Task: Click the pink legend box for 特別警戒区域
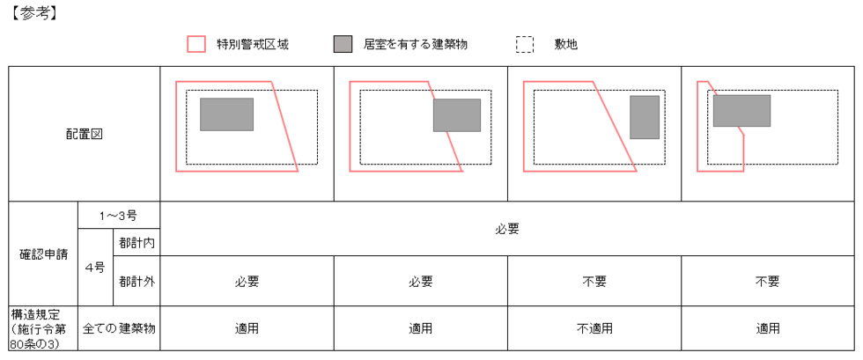tap(196, 44)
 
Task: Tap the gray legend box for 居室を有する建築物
tap(343, 44)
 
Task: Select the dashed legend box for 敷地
tap(525, 44)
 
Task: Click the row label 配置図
tap(85, 134)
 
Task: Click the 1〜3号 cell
tap(119, 216)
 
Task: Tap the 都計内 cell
tap(136, 242)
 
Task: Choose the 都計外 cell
tap(136, 282)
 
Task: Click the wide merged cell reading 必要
tap(507, 229)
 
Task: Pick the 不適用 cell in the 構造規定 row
tap(594, 328)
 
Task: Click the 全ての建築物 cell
tap(119, 328)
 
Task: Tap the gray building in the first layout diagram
tap(226, 114)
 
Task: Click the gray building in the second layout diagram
tap(456, 115)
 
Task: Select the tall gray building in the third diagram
tap(645, 117)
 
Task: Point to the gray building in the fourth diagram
tap(741, 111)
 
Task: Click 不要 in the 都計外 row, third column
tap(594, 282)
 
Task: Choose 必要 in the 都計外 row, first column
tap(247, 282)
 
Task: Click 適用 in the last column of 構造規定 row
tap(767, 328)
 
